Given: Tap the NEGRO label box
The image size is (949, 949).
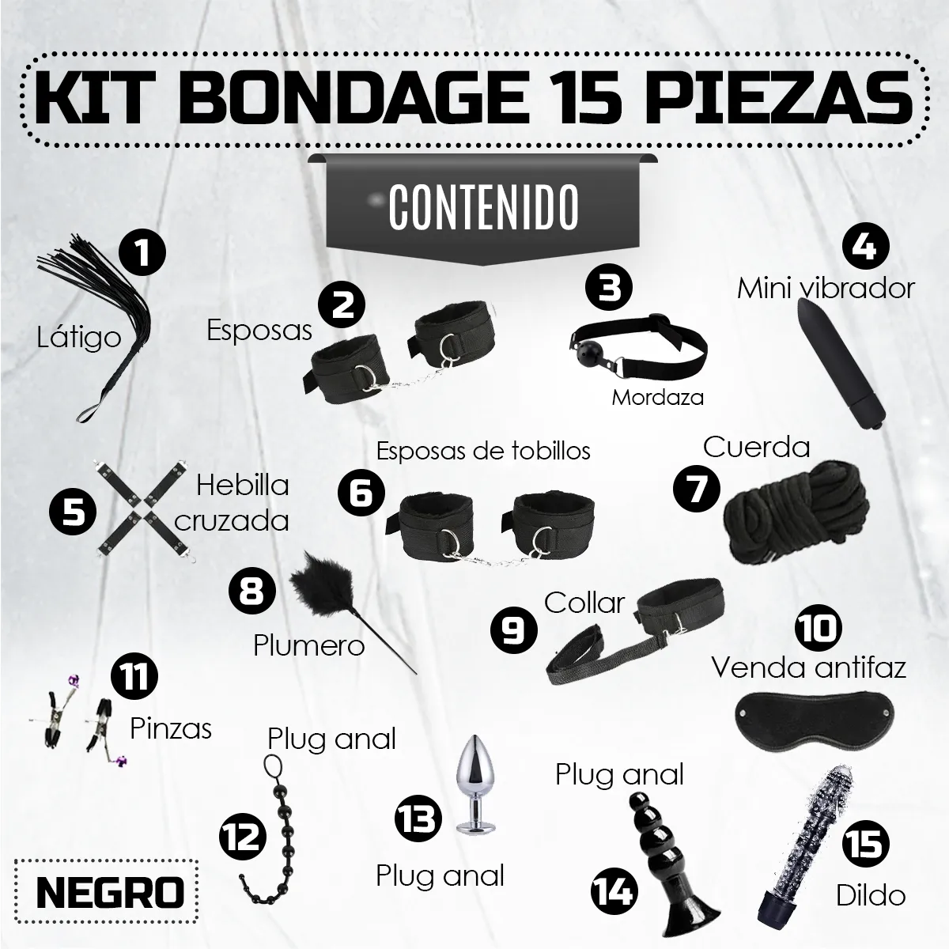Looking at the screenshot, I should click(110, 894).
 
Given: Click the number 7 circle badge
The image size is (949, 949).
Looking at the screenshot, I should click(696, 489).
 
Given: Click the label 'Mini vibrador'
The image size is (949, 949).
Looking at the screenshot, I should click(826, 288).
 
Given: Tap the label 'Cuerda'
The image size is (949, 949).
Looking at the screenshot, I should click(756, 448).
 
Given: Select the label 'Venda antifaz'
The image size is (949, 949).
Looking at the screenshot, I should click(808, 667).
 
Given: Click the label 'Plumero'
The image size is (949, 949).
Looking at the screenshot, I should click(308, 645).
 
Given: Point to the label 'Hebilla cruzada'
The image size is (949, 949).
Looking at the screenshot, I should click(232, 502).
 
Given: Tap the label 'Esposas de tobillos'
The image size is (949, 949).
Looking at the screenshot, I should click(483, 451).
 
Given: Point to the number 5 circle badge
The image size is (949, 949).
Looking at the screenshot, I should click(72, 512).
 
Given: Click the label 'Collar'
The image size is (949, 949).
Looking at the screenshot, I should click(584, 603).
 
